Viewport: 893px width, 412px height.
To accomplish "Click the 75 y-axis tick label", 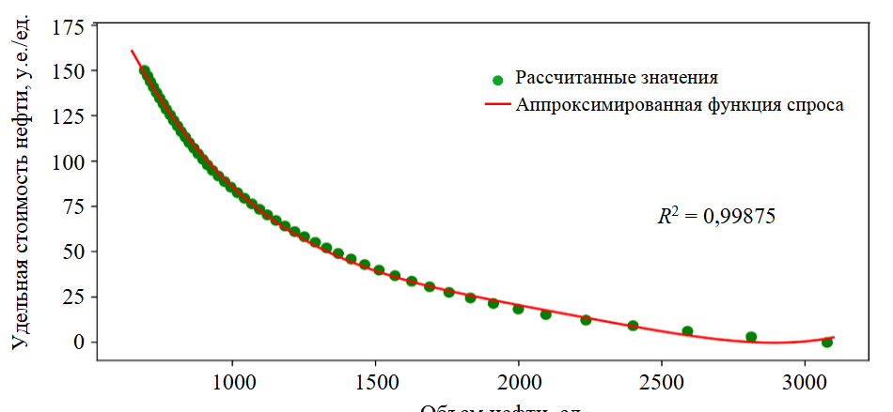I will coord(70,206).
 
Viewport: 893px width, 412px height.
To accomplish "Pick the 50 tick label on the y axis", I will coord(70,252).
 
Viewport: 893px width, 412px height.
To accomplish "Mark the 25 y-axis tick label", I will coord(70,297).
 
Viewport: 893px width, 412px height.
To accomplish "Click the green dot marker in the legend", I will coord(498,82).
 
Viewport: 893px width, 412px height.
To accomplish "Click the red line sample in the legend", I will coord(497,105).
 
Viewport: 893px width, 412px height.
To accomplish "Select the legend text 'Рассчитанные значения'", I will coord(617,78).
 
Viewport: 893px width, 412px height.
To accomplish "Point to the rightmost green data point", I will coord(826,343).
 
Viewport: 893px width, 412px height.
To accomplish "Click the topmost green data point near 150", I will coord(144,70).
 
